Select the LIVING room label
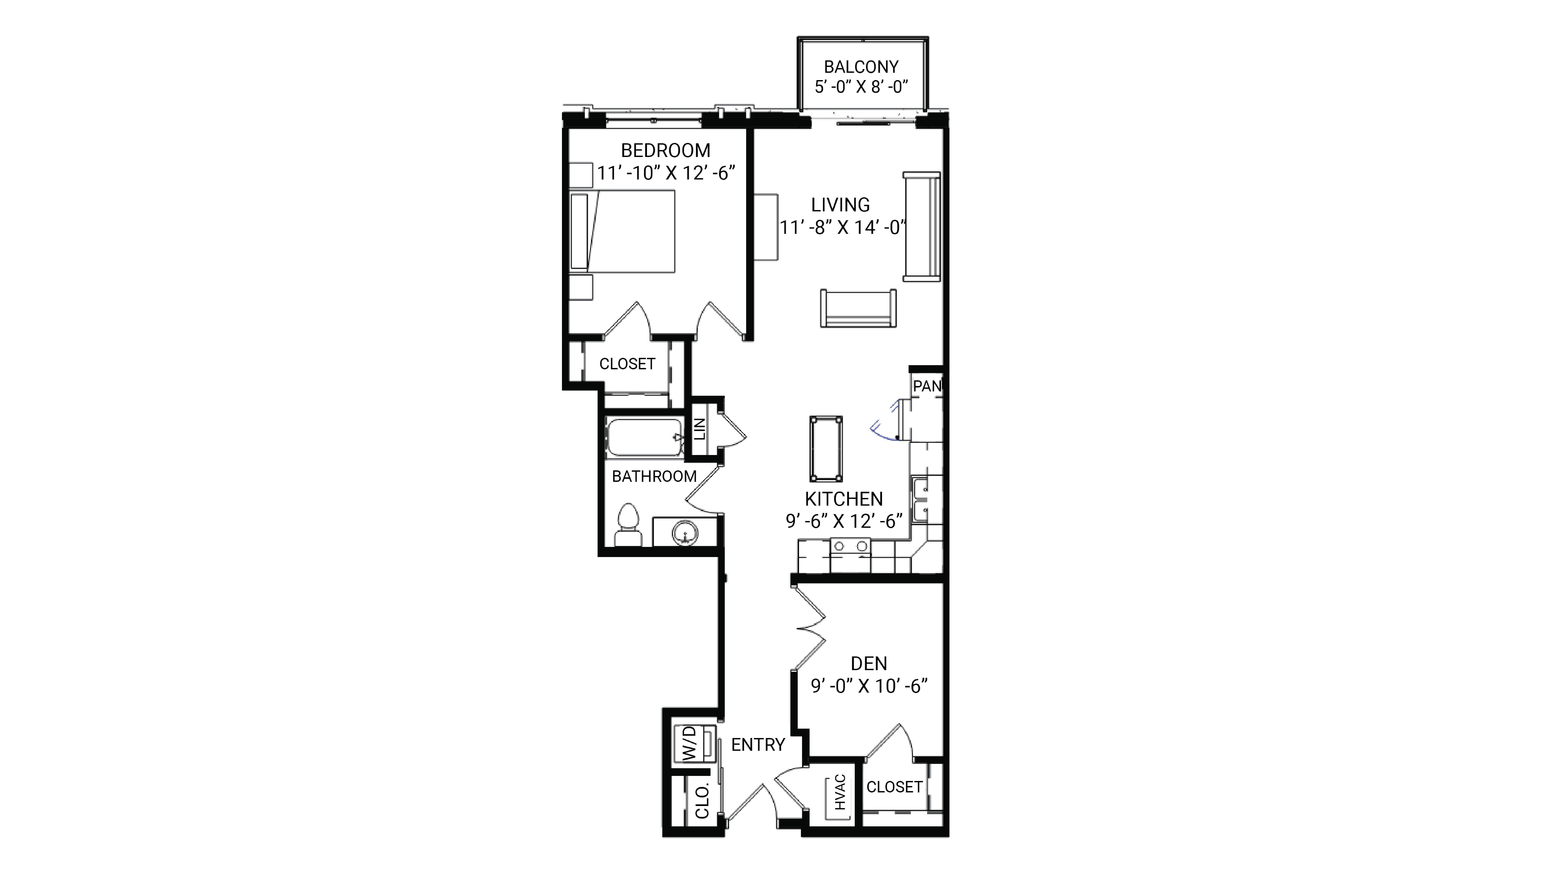(840, 205)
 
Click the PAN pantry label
(927, 386)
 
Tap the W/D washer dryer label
(689, 743)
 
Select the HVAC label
(840, 792)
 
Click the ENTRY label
(758, 745)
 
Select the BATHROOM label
(654, 476)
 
